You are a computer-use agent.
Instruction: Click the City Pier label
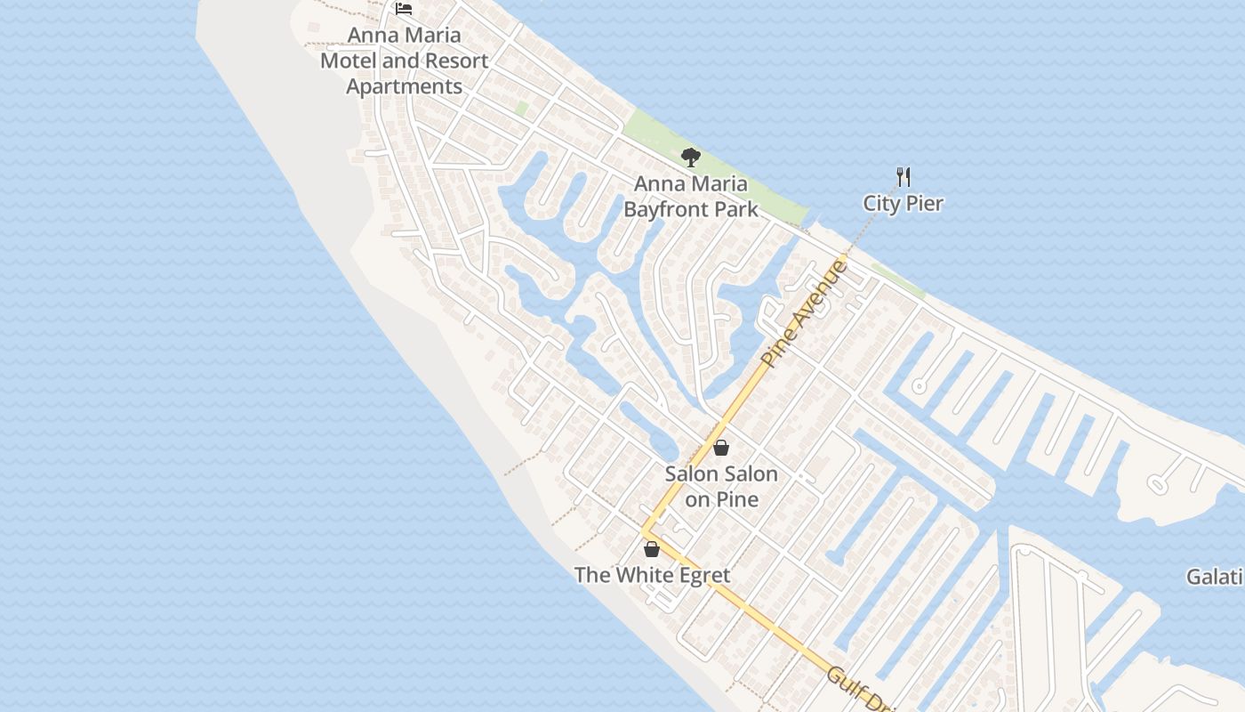903,203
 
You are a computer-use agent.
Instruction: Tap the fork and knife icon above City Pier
904,176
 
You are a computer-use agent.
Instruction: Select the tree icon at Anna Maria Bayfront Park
690,158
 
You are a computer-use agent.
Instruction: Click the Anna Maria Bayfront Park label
691,197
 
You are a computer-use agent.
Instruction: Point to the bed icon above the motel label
404,9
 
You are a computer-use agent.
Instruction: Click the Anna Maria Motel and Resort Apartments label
405,61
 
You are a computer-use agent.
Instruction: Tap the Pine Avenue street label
804,312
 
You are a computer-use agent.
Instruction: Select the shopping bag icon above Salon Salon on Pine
721,447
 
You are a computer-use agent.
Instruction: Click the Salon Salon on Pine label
721,486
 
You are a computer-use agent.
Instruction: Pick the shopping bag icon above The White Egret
652,548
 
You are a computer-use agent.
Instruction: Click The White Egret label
652,575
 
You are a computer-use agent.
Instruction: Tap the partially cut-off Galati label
1216,577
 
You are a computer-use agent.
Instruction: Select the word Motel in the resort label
349,61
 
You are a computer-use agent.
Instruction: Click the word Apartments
405,86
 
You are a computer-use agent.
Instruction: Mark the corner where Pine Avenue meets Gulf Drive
643,532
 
